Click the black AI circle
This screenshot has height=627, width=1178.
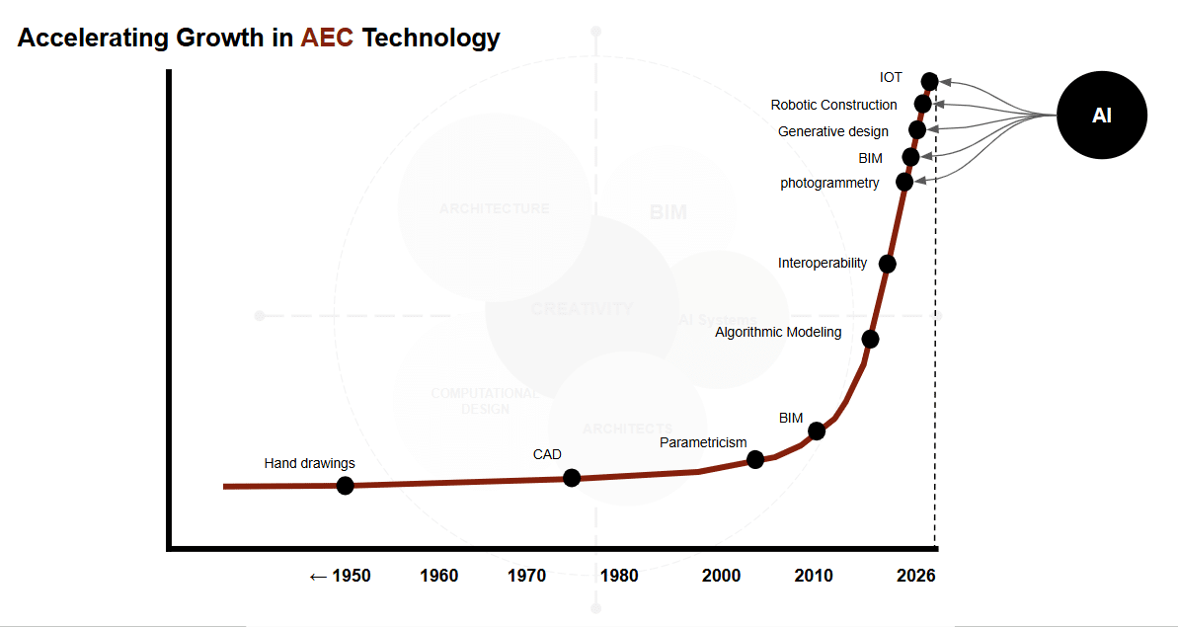click(x=1101, y=116)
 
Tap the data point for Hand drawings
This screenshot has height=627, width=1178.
click(x=345, y=485)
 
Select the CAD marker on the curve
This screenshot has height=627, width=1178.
click(x=571, y=478)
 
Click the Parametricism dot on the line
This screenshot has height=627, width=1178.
click(x=755, y=459)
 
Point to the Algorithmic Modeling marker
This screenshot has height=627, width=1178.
click(x=870, y=339)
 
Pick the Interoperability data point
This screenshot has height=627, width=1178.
click(x=887, y=264)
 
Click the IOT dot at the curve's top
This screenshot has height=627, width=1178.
click(x=928, y=81)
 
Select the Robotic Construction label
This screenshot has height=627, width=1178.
click(x=833, y=105)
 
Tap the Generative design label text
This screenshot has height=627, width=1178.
click(x=832, y=131)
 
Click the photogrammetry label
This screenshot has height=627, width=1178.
click(x=829, y=183)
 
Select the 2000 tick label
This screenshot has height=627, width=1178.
click(x=721, y=576)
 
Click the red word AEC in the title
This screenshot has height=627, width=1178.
click(x=327, y=39)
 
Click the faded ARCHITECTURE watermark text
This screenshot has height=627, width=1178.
click(x=494, y=208)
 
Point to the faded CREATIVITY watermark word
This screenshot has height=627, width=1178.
click(x=582, y=309)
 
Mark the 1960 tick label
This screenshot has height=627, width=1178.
click(x=438, y=576)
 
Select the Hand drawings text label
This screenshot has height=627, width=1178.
click(x=309, y=463)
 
